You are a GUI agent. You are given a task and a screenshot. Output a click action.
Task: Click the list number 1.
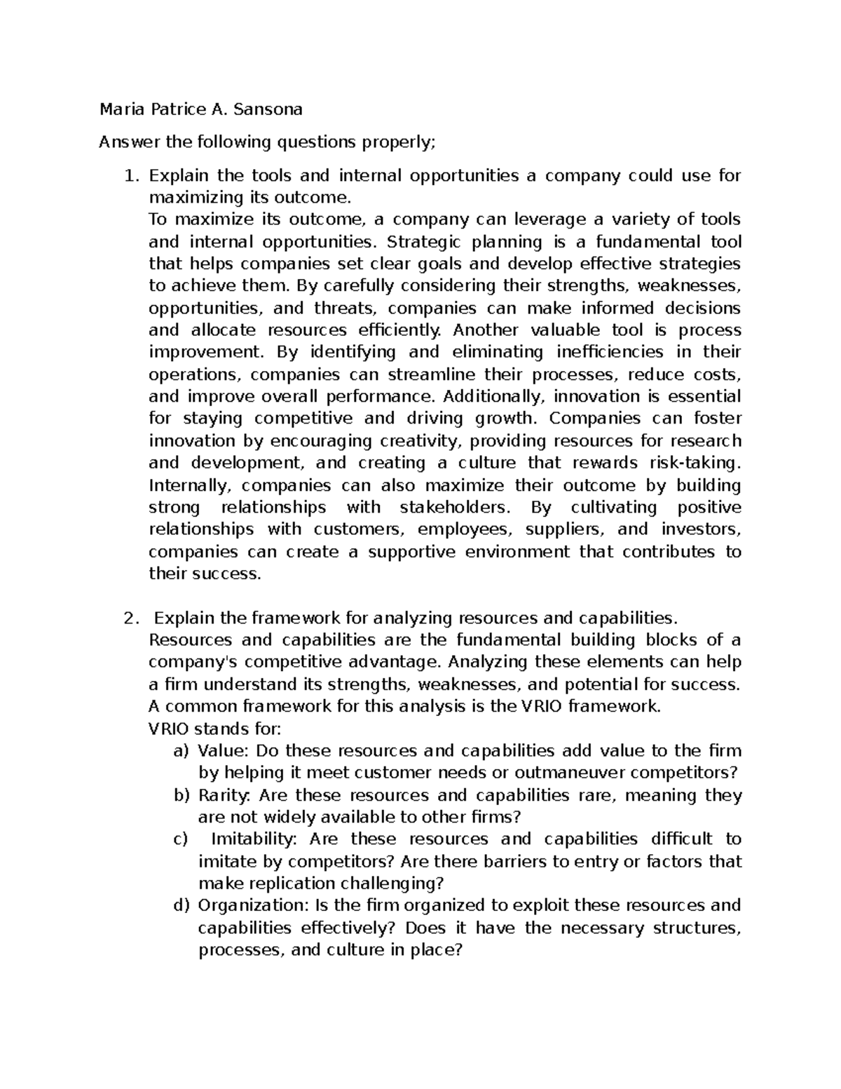pyautogui.click(x=129, y=175)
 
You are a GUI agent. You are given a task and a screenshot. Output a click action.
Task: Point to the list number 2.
pyautogui.click(x=128, y=618)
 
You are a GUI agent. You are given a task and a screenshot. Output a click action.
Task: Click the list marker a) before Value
pyautogui.click(x=182, y=751)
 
